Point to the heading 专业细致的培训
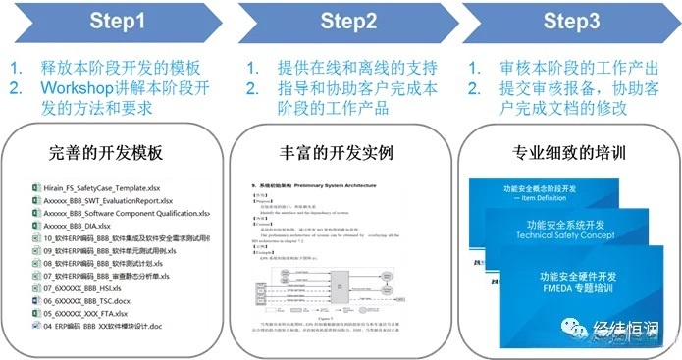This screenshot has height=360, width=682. click(x=570, y=154)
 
